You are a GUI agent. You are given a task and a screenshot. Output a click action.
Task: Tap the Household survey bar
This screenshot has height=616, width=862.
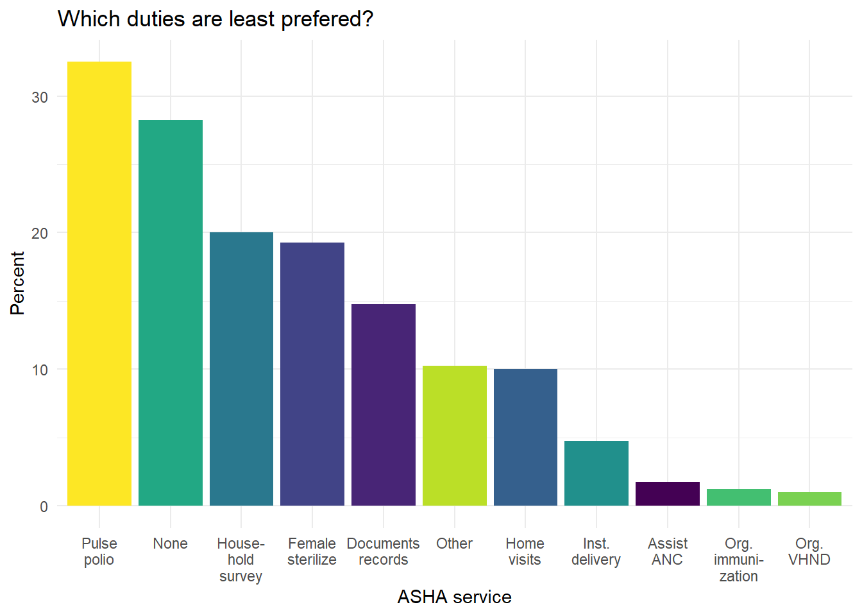(x=241, y=369)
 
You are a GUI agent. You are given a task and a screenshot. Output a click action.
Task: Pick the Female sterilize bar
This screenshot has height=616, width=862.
(x=312, y=374)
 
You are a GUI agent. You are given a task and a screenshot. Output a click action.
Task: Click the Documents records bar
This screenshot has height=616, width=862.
(x=384, y=405)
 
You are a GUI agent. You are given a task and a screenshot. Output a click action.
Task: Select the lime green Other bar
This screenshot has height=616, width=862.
(x=454, y=436)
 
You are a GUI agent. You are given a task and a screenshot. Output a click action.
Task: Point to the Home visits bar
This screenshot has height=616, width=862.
(x=525, y=437)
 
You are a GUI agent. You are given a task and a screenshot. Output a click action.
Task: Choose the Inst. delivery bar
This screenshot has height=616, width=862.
(x=596, y=473)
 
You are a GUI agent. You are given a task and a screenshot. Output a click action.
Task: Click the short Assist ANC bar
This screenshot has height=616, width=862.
(x=668, y=493)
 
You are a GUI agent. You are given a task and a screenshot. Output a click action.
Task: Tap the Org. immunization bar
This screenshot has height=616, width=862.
(x=738, y=497)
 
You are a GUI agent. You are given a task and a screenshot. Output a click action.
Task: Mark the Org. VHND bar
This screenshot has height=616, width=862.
(x=809, y=499)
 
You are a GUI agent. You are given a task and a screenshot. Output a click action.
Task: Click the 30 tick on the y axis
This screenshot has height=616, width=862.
(x=40, y=97)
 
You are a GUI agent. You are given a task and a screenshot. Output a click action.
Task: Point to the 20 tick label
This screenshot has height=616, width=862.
(x=40, y=233)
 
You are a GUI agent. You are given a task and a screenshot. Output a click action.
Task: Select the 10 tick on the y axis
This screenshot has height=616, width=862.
(x=40, y=370)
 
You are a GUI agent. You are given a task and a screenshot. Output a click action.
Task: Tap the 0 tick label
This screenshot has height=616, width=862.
(x=44, y=506)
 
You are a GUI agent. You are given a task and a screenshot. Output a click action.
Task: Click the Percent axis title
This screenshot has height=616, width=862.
(x=17, y=283)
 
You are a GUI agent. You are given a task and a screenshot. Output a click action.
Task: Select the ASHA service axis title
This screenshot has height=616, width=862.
(x=454, y=597)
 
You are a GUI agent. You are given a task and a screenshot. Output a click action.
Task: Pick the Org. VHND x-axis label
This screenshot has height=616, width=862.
(x=809, y=551)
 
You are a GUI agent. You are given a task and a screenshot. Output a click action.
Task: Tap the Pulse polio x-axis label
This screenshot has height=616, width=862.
(x=99, y=551)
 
